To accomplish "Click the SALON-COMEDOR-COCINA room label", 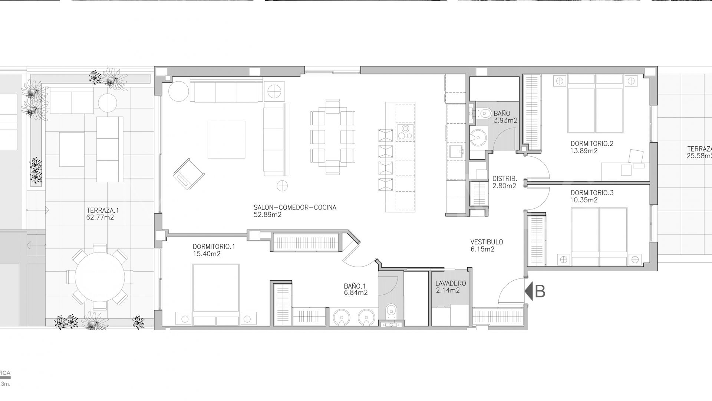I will click(295, 208).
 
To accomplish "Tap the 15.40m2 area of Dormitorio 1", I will click(207, 254).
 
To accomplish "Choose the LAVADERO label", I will click(451, 283).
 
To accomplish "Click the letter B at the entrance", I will click(540, 292).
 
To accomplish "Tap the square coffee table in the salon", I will click(226, 140).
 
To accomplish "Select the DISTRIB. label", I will click(504, 179).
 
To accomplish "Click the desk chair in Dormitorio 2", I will click(636, 156).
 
